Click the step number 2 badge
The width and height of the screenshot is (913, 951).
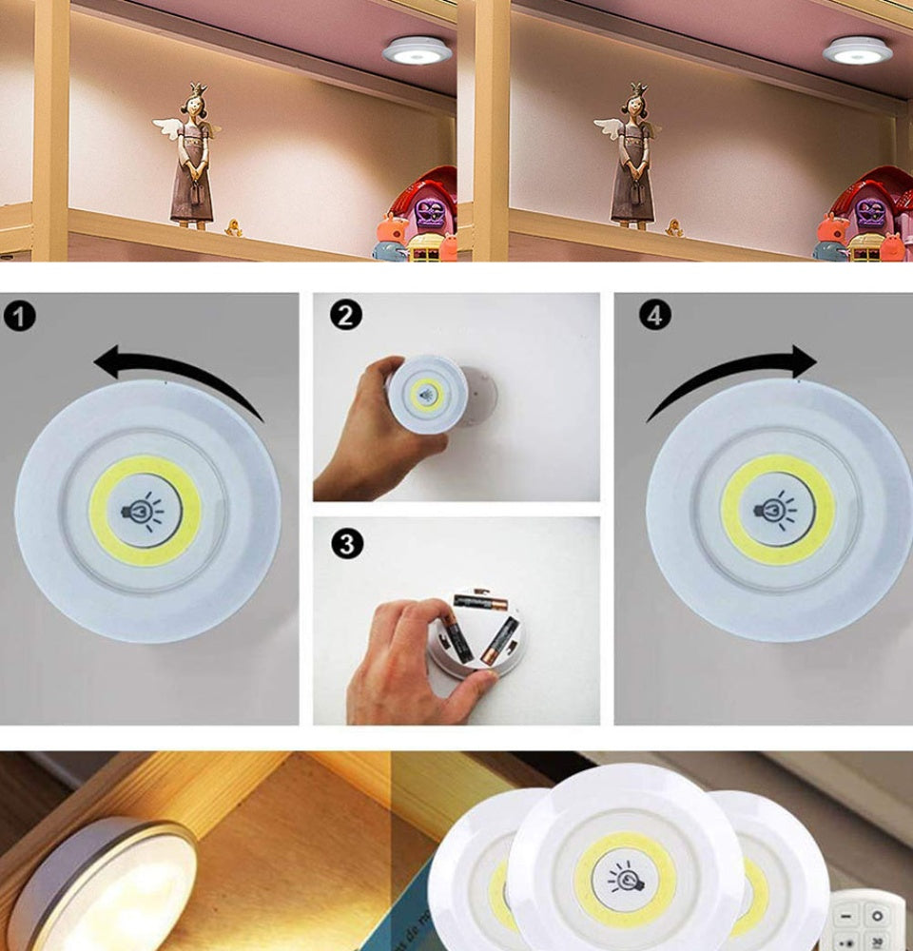pos(346,315)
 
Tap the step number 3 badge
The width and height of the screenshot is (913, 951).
pos(346,544)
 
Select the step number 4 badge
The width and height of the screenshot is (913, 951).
pos(654,315)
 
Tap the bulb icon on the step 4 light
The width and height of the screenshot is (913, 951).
pos(778,510)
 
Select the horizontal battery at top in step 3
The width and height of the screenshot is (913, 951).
pos(479,600)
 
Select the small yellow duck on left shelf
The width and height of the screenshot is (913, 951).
pos(232,227)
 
